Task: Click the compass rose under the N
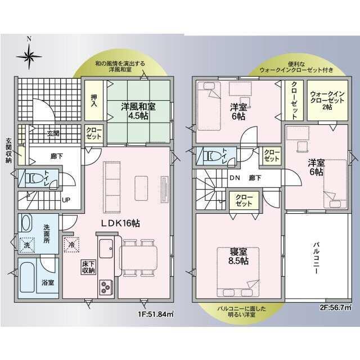(x=29, y=56)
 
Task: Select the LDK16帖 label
(x=120, y=223)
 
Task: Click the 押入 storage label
(x=94, y=101)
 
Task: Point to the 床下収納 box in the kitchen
(x=89, y=267)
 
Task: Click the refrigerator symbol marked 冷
(x=71, y=245)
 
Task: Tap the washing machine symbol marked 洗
(x=27, y=245)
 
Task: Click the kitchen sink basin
(x=106, y=249)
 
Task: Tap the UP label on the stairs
(x=66, y=200)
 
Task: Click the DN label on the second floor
(x=235, y=178)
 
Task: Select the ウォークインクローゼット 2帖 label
(x=327, y=100)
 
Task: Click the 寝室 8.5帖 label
(x=238, y=256)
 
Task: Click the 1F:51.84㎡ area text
(x=156, y=314)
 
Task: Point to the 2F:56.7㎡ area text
(x=336, y=308)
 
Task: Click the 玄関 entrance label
(x=53, y=133)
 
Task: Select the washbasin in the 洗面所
(x=27, y=223)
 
